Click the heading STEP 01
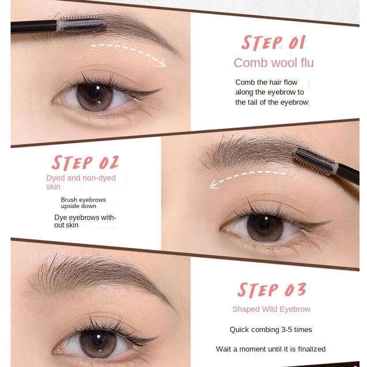click(273, 43)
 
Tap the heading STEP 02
click(85, 163)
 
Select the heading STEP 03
click(272, 290)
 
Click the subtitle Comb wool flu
click(274, 63)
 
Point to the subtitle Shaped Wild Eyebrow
click(271, 309)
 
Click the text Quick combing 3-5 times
click(271, 329)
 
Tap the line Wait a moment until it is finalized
click(271, 349)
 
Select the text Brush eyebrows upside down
click(83, 203)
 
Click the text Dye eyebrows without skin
click(85, 221)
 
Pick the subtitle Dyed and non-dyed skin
click(81, 182)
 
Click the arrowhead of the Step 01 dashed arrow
click(162, 64)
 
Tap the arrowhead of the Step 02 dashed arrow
click(213, 185)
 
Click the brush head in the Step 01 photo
click(81, 24)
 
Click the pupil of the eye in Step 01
click(94, 92)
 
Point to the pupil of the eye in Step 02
click(264, 225)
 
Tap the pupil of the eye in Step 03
click(97, 340)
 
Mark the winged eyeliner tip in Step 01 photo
click(163, 88)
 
